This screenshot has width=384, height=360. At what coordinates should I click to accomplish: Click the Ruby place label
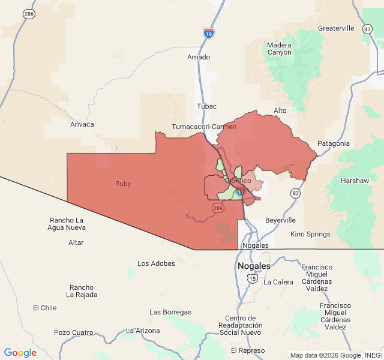pos(123,184)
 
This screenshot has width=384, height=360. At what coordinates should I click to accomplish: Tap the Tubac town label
pos(206,106)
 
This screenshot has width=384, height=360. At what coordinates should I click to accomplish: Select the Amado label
pos(199,57)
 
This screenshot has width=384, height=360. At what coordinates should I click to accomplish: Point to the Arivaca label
pos(82,124)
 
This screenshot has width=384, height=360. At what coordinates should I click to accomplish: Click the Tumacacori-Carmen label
pos(204,127)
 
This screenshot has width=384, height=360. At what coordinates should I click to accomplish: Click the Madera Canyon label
pos(279,49)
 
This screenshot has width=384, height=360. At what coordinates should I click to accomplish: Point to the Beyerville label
pos(280,220)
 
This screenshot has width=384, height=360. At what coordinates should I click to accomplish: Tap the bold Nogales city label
pos(254,266)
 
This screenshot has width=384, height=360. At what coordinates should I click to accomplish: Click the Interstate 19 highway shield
pos(209,33)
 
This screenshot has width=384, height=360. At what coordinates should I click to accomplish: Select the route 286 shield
pos(28,13)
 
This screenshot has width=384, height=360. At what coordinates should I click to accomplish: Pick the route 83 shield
pos(367,29)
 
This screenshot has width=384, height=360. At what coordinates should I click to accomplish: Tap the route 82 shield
pos(295,193)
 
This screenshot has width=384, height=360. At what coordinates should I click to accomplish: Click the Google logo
pos(20,353)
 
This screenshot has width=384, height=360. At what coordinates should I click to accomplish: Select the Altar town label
pos(76,242)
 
